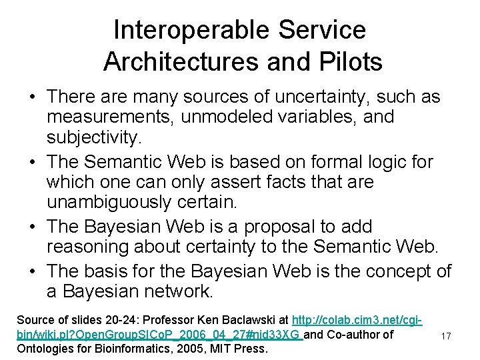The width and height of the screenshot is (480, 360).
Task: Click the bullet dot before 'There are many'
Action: (x=31, y=97)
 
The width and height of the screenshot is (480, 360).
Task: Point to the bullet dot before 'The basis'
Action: (x=31, y=272)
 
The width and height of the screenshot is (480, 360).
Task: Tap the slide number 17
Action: (x=445, y=337)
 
